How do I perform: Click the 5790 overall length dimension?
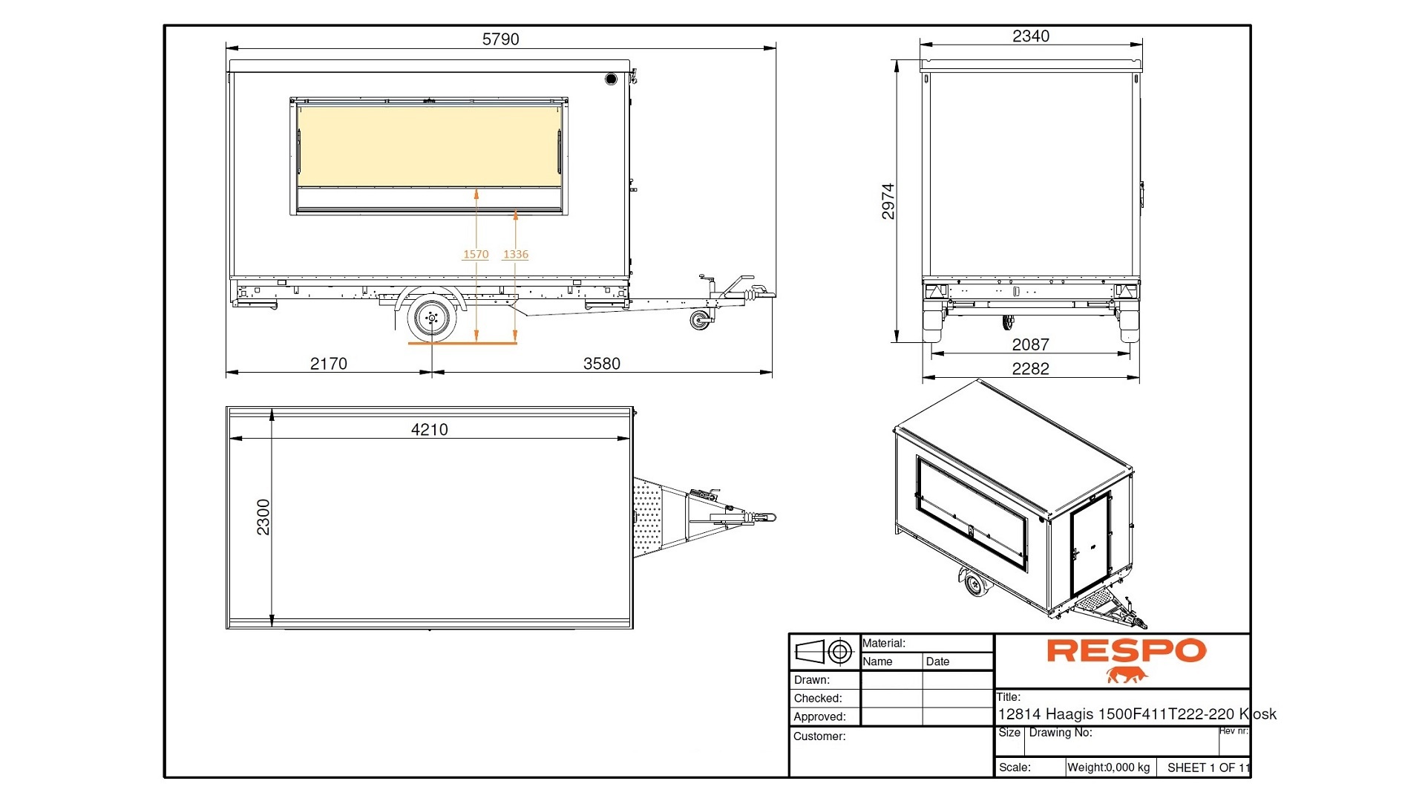coord(500,39)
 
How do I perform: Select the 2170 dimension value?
coord(328,364)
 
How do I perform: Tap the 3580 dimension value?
coord(601,364)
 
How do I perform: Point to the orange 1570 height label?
coord(476,255)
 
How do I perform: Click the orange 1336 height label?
coord(516,255)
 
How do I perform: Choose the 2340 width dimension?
coord(1030,36)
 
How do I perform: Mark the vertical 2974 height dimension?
coord(888,201)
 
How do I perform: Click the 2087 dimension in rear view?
coord(1030,345)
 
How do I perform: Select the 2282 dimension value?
coord(1030,369)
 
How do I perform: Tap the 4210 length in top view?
coord(429,430)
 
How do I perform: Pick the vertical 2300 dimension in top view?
coord(263,517)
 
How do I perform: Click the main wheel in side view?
coord(432,318)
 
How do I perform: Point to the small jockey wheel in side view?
coord(699,321)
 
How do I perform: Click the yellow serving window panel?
coord(429,146)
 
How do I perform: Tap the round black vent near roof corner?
coord(611,79)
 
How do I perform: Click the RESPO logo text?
coord(1126,651)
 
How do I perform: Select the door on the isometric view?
coord(1090,544)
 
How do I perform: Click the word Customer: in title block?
coord(819,736)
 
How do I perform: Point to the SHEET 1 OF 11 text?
coord(1207,768)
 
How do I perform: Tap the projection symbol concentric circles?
coord(840,653)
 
